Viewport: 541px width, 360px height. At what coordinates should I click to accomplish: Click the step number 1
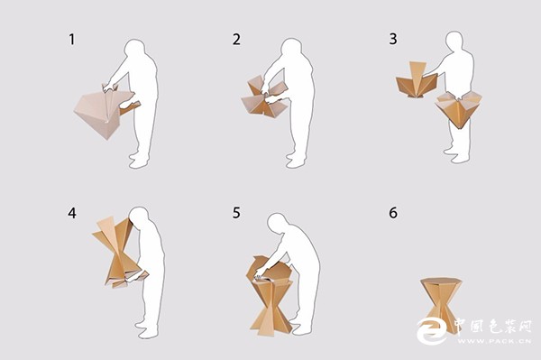click(x=72, y=40)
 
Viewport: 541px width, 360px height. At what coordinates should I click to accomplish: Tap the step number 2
click(x=236, y=40)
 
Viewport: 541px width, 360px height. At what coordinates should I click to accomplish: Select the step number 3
click(x=393, y=39)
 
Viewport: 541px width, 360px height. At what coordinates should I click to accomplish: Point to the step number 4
click(x=72, y=213)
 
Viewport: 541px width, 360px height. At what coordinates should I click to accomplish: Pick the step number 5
click(x=236, y=213)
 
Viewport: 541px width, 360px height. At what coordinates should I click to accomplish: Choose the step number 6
click(x=393, y=213)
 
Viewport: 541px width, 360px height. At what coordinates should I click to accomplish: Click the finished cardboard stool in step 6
click(x=441, y=304)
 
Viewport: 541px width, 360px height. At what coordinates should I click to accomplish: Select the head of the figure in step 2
click(x=291, y=48)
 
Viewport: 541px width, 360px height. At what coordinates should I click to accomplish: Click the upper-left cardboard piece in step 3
click(x=417, y=80)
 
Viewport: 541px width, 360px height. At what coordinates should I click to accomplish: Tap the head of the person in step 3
click(x=454, y=41)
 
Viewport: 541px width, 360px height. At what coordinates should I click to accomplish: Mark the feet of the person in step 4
click(x=148, y=329)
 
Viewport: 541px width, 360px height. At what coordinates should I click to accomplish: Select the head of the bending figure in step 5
click(x=278, y=224)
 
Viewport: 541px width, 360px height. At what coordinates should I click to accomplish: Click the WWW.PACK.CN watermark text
click(x=494, y=341)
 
